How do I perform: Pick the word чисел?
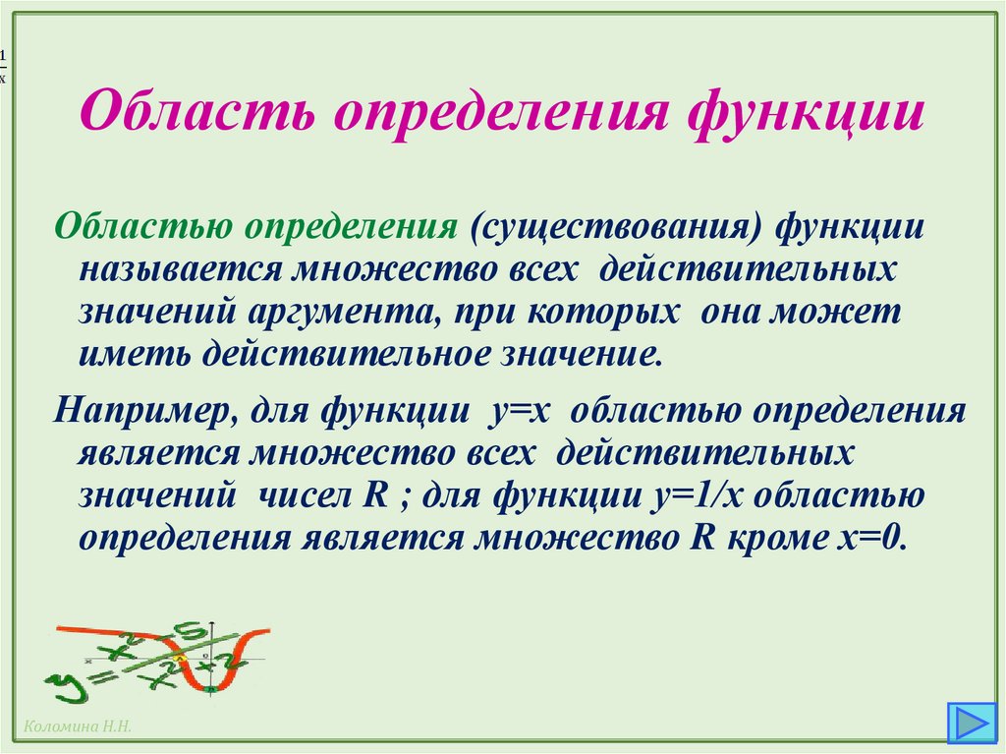[x=301, y=494]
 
